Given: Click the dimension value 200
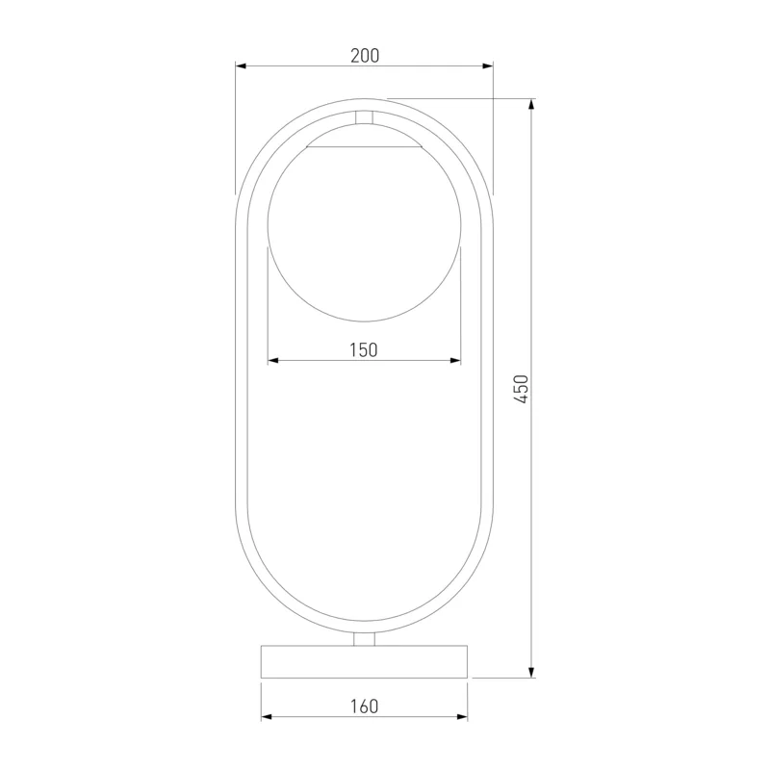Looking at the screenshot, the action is tap(365, 56).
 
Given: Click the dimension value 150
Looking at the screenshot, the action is tap(364, 350).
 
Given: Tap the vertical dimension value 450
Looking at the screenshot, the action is tap(521, 389).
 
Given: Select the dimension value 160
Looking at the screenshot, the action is tap(364, 706).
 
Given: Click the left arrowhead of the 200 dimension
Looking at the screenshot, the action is tap(241, 65).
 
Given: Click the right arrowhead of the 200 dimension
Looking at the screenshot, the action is tap(488, 65).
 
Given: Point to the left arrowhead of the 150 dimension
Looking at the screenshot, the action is tap(273, 360).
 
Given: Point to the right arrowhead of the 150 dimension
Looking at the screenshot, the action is tap(455, 360).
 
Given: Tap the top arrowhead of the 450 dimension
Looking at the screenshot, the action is tap(531, 105).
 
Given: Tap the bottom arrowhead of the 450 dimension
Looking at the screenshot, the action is tap(531, 672).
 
